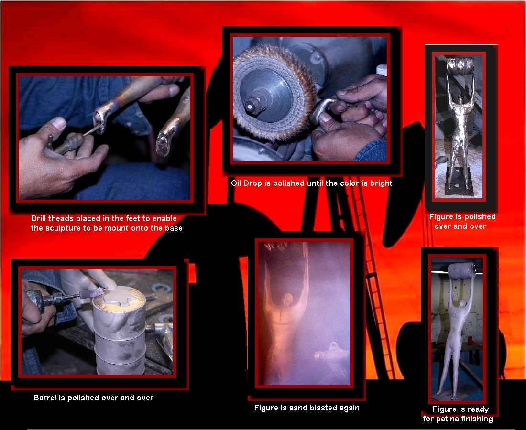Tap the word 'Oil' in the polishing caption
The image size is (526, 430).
tap(236, 183)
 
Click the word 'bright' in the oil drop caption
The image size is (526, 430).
tap(381, 183)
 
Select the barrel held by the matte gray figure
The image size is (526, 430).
tap(462, 271)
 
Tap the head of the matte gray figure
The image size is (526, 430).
tap(462, 304)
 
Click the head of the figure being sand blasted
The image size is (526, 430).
tap(287, 299)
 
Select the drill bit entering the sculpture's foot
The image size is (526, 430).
tap(91, 130)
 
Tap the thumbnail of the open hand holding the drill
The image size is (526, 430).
tap(59, 123)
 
